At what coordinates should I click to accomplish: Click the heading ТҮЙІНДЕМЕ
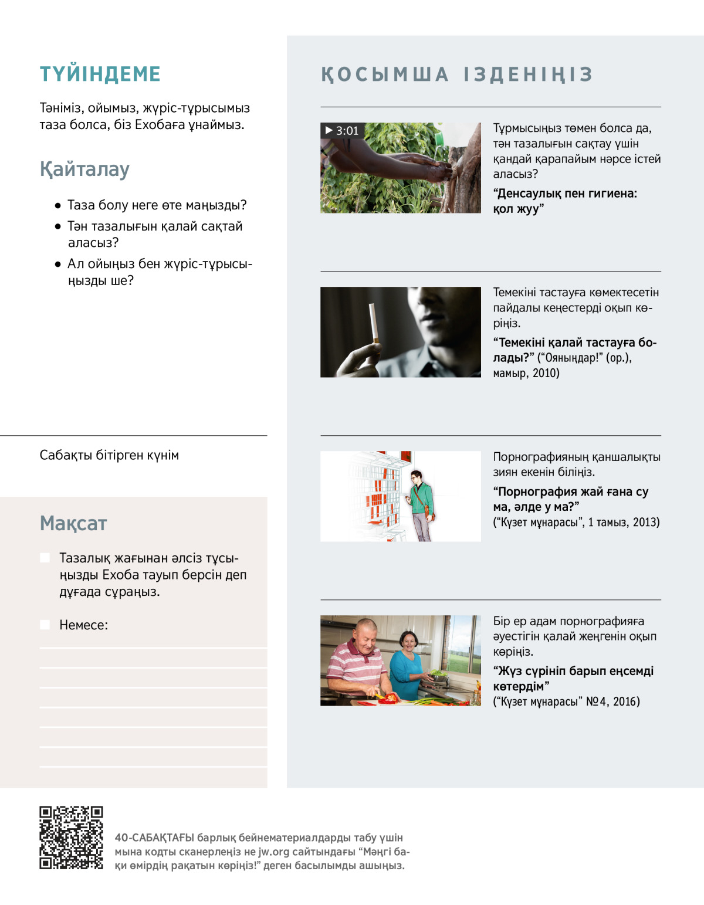tap(100, 74)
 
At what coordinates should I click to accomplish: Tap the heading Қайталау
tap(84, 170)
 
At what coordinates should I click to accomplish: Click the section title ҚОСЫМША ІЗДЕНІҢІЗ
tap(457, 74)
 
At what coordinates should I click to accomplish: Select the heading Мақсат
tap(73, 523)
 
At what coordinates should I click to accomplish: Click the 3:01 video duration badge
tap(341, 131)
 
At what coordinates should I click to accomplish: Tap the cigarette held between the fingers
tap(373, 323)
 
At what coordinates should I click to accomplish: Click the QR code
tap(71, 838)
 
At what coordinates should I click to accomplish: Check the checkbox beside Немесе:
tap(45, 625)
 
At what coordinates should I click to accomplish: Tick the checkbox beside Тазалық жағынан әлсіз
tap(45, 558)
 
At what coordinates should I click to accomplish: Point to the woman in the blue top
tap(407, 663)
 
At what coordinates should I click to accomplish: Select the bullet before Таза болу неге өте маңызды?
tap(57, 206)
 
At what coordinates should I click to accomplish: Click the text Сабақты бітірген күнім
tap(109, 455)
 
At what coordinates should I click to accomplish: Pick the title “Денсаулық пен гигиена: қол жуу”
tap(564, 201)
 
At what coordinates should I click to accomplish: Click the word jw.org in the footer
tap(274, 852)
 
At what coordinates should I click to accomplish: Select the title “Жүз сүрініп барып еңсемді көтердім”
tap(573, 679)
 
